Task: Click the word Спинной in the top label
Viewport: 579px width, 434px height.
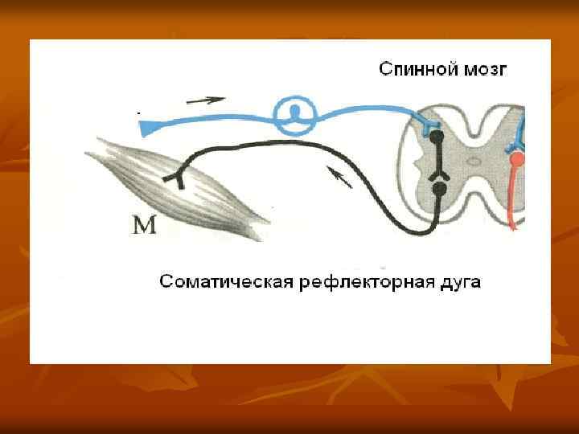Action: click(x=417, y=69)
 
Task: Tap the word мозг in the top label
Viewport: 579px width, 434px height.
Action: click(x=485, y=70)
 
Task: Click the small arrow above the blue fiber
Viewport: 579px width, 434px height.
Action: click(x=205, y=100)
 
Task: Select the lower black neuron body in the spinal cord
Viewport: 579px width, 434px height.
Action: click(x=439, y=190)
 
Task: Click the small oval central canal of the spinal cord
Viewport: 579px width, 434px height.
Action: click(x=475, y=161)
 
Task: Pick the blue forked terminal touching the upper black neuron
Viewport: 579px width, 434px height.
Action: click(x=425, y=125)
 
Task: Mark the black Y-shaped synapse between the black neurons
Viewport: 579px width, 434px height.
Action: click(x=439, y=171)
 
